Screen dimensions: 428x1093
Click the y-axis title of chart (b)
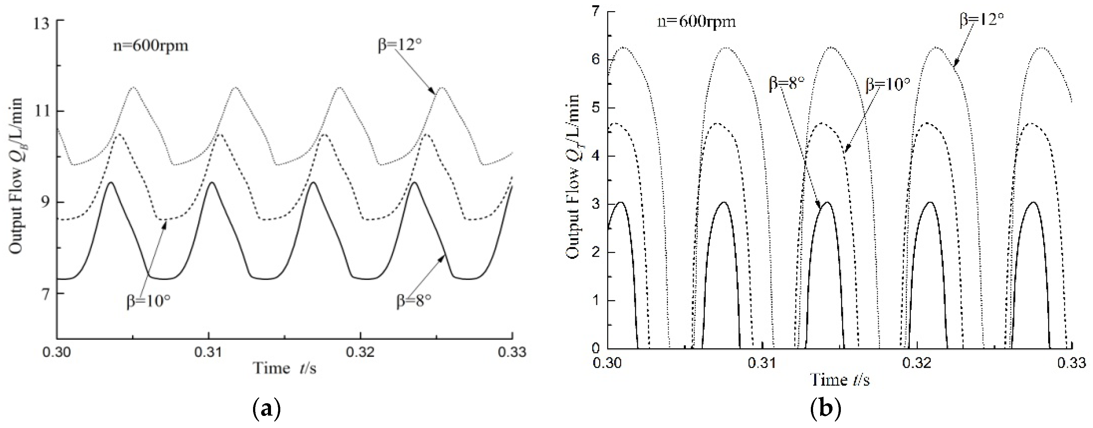(573, 176)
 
